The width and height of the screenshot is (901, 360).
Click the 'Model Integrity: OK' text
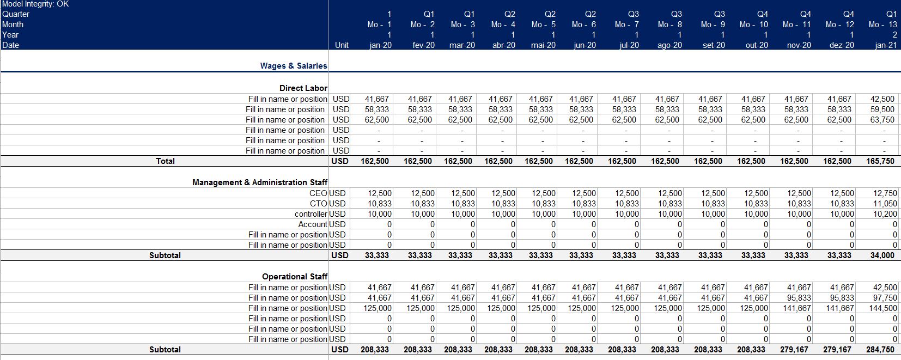click(35, 4)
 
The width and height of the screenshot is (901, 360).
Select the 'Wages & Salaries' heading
click(294, 65)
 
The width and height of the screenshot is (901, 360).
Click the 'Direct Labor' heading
click(303, 88)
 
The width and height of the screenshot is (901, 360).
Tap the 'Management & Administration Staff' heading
click(260, 182)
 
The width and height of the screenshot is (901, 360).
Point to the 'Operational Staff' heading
click(295, 276)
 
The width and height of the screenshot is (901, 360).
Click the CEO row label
click(319, 193)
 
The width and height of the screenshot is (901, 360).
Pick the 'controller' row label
click(311, 214)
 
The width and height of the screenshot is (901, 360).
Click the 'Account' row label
click(313, 224)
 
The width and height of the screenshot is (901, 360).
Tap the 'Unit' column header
click(342, 45)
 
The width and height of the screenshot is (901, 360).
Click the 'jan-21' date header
click(886, 45)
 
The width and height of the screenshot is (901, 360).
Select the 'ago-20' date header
click(669, 45)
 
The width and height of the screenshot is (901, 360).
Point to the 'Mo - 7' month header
click(626, 25)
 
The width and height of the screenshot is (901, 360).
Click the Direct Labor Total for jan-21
click(880, 161)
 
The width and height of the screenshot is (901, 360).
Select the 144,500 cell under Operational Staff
click(882, 308)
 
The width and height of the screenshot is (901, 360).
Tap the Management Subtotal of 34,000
click(882, 255)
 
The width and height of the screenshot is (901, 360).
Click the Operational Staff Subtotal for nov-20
click(796, 350)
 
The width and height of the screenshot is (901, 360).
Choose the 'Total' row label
click(165, 161)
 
